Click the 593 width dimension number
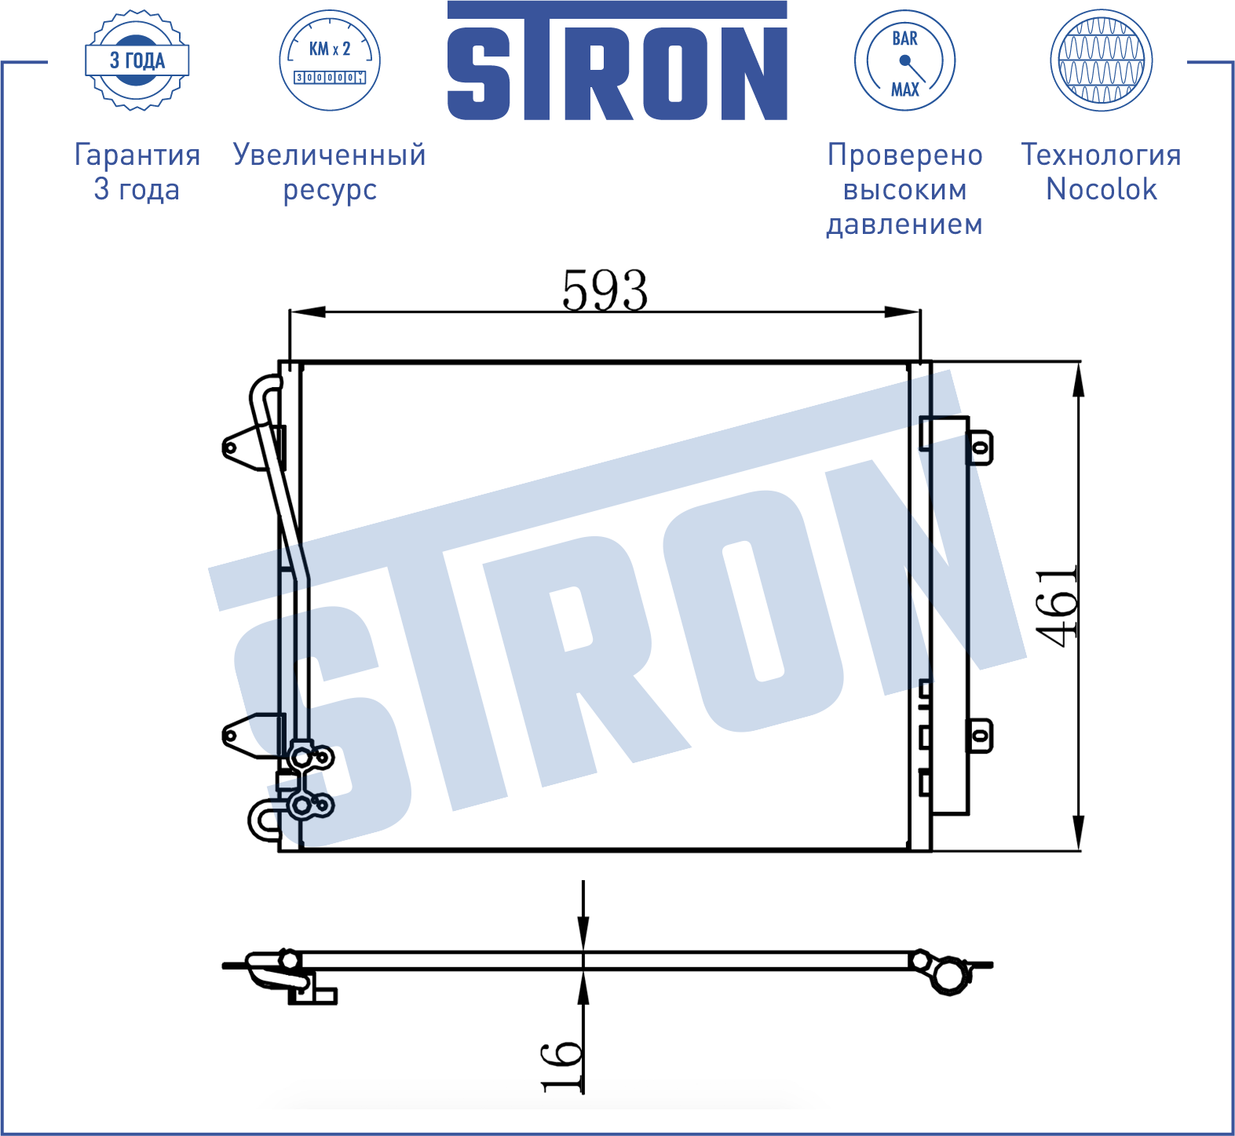(605, 290)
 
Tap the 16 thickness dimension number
(561, 1066)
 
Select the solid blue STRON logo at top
(617, 61)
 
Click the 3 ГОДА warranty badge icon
(137, 60)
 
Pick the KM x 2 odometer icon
(330, 60)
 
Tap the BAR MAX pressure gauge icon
(904, 60)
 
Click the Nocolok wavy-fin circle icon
(1102, 60)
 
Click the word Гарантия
(137, 155)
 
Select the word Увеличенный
(330, 155)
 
